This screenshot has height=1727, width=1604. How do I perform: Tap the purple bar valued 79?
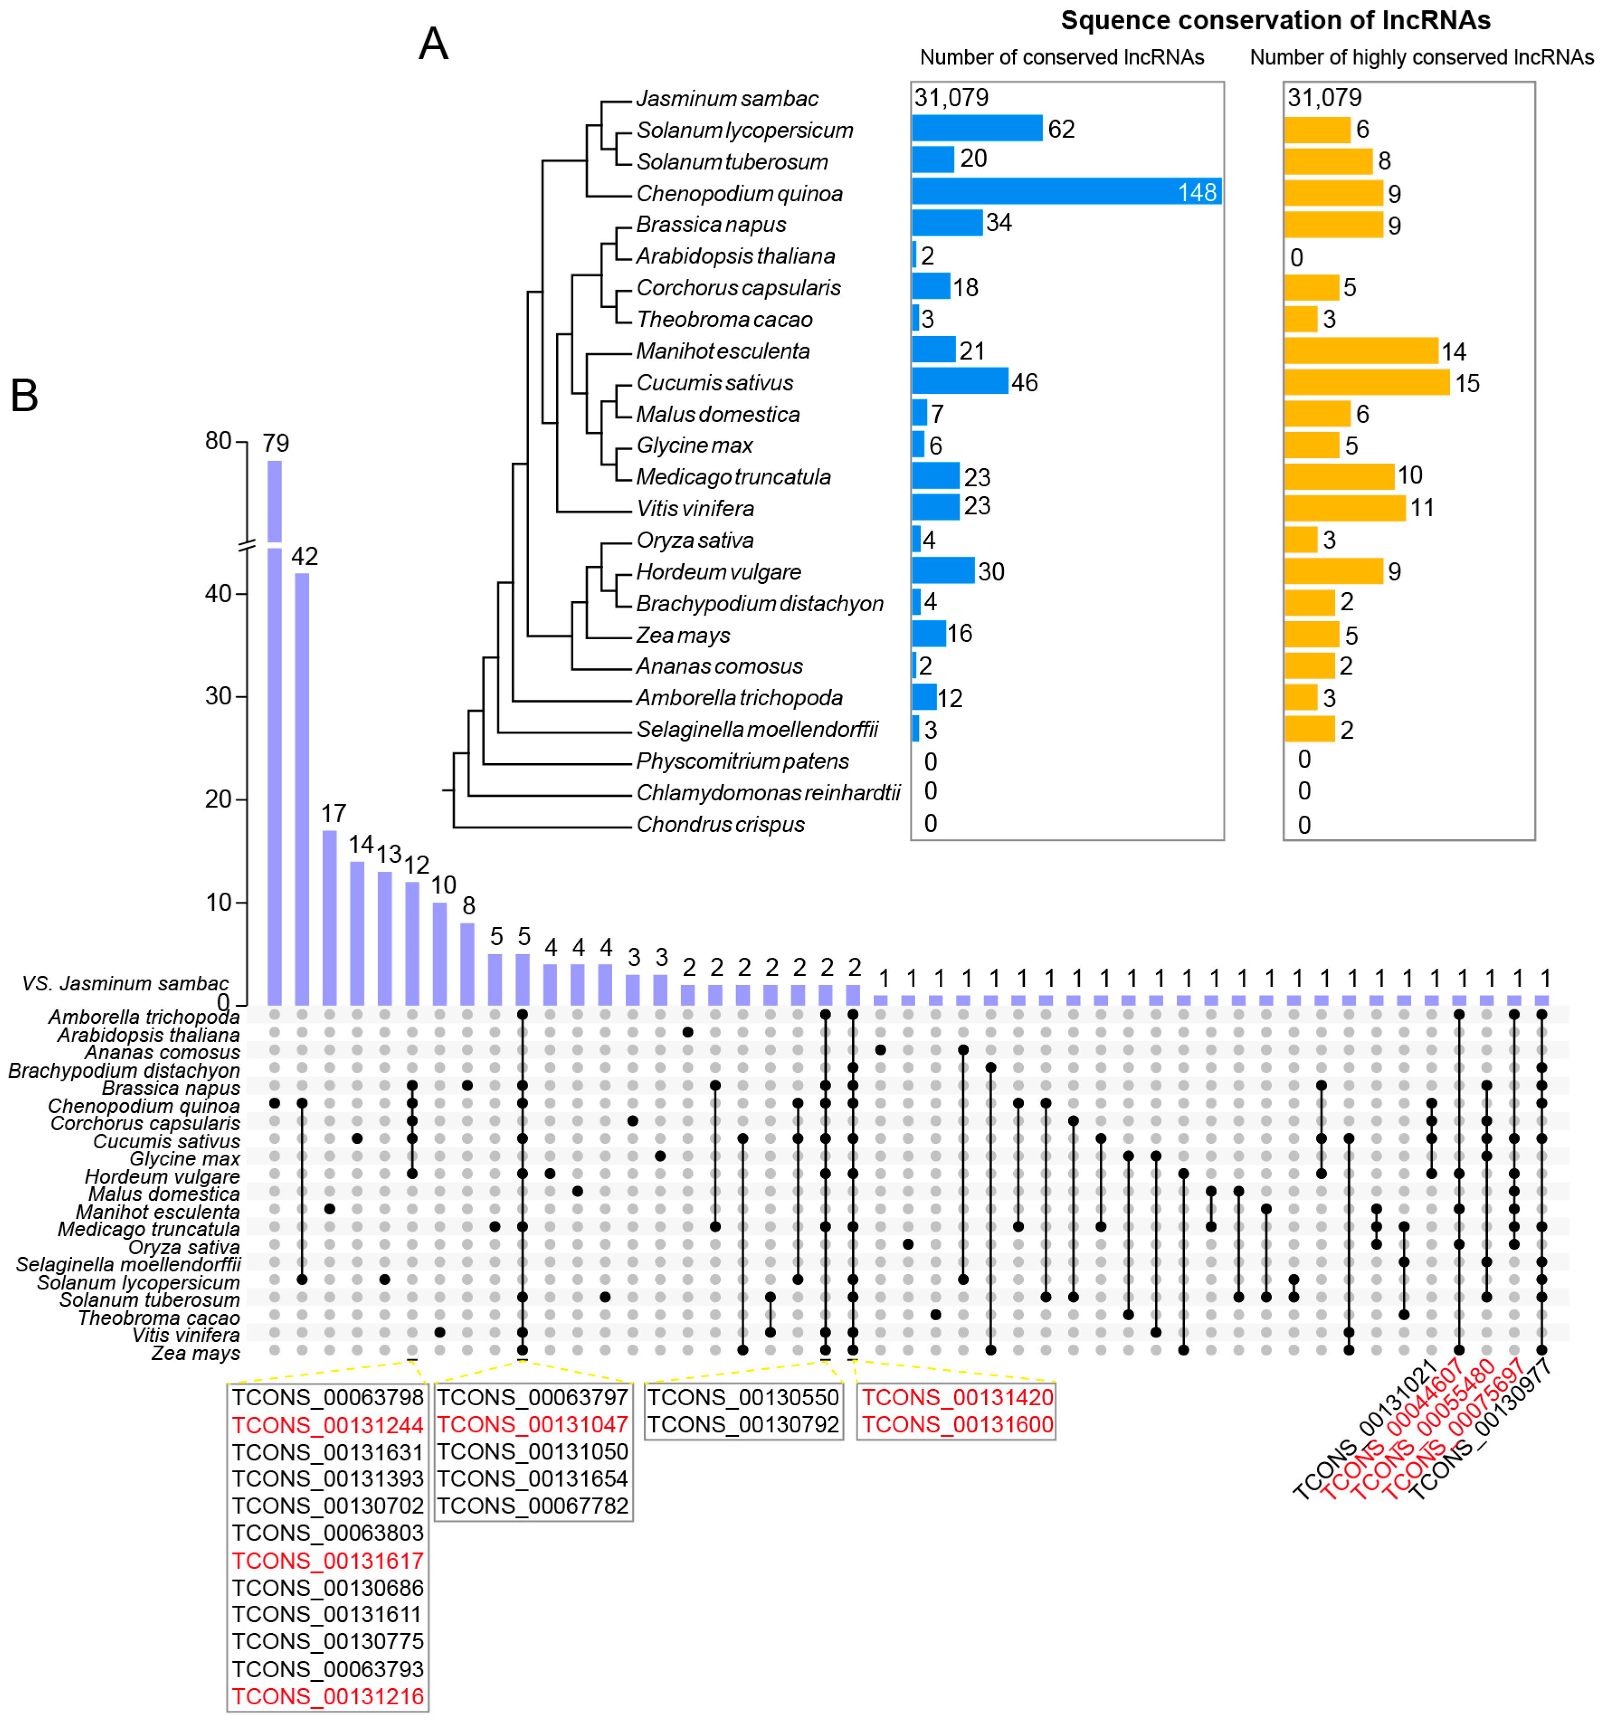tap(274, 695)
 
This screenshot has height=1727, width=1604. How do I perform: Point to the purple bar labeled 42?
tap(302, 781)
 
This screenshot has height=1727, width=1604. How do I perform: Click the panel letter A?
tap(433, 43)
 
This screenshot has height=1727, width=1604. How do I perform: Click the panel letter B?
tap(24, 396)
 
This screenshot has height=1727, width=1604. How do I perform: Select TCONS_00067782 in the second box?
tap(532, 1506)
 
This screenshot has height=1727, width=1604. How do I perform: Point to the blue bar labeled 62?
tap(976, 128)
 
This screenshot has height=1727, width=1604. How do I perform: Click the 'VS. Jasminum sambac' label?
tap(125, 984)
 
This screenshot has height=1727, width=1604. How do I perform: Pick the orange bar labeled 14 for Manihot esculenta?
tap(1360, 351)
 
